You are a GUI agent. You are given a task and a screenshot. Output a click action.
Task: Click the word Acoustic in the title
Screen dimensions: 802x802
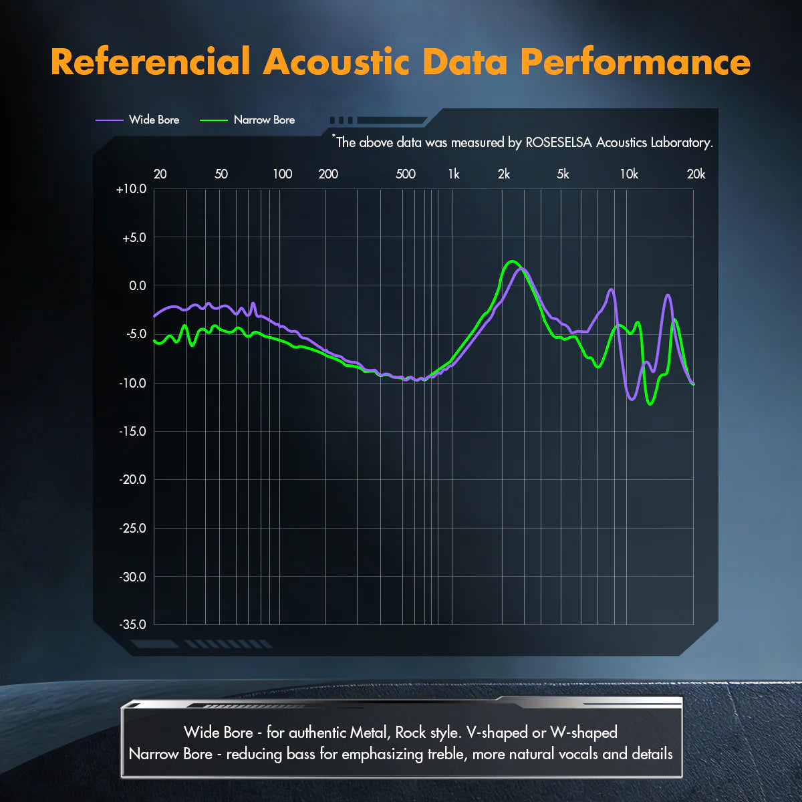336,61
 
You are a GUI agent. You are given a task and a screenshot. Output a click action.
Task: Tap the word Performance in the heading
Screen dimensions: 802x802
635,61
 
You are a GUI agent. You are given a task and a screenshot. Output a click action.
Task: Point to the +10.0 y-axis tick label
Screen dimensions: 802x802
131,189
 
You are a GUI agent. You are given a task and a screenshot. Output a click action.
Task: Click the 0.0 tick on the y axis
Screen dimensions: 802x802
137,286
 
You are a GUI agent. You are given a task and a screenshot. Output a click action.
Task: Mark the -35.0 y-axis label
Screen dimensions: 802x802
132,625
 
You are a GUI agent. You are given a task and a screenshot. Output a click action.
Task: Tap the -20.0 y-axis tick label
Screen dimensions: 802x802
132,480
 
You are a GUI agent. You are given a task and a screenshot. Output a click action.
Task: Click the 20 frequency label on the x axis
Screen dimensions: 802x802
160,174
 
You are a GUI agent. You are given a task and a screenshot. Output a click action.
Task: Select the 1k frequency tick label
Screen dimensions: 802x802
454,174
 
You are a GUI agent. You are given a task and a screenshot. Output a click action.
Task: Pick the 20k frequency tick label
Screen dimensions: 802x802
696,174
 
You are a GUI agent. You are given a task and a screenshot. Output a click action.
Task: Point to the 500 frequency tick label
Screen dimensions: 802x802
406,174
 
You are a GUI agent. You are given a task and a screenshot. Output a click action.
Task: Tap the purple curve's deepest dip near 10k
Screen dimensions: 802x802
632,399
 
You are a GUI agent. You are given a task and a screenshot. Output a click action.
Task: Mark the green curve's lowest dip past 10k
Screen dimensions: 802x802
650,404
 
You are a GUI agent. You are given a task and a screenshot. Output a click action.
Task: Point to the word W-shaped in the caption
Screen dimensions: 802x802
583,732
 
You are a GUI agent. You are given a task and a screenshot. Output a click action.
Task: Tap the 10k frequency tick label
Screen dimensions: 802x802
629,174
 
